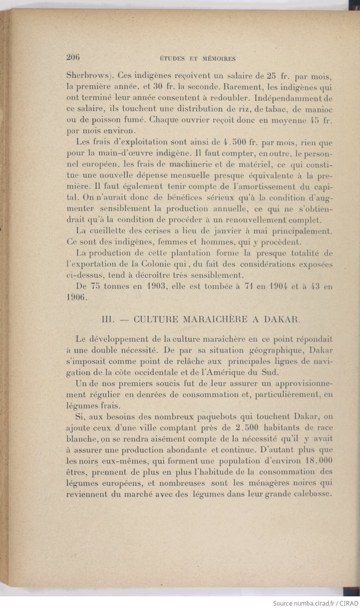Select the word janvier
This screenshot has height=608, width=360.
[x=217, y=231]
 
